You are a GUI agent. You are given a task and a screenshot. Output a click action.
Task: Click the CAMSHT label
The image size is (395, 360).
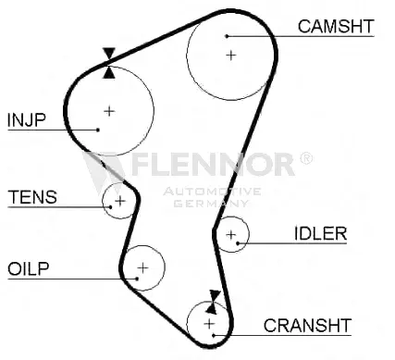336,26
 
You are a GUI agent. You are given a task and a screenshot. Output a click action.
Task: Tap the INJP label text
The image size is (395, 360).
27,120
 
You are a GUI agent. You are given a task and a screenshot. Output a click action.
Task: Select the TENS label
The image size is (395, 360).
32,197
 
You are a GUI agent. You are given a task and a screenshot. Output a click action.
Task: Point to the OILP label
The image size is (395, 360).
29,268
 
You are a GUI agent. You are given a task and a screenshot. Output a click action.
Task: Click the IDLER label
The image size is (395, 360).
320,233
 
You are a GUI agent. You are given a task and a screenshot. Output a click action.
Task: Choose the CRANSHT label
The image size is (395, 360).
307,326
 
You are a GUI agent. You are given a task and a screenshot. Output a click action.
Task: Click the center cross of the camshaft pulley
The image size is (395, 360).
231,56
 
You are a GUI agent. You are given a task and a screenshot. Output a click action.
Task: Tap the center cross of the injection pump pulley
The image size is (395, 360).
109,111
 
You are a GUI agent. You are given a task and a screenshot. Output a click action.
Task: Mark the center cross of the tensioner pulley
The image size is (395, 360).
120,201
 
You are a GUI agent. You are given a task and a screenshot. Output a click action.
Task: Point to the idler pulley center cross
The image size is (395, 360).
231,235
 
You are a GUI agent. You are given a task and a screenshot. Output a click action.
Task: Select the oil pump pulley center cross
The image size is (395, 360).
142,267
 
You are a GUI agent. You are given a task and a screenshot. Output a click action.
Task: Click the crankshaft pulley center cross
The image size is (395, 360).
209,324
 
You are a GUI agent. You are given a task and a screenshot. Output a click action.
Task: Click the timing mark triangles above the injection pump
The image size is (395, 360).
109,63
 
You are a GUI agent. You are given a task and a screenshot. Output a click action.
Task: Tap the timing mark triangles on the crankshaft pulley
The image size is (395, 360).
214,302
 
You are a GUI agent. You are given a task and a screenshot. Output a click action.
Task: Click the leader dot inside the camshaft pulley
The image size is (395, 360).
227,36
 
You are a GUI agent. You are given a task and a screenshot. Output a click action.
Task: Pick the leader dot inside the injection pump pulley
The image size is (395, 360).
98,130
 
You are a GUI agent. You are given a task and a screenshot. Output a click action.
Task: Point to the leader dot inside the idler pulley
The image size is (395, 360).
238,243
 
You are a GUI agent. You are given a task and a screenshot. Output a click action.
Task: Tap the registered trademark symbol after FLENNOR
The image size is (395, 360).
306,158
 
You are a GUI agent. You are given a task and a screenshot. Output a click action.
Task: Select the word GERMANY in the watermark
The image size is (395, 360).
211,204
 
